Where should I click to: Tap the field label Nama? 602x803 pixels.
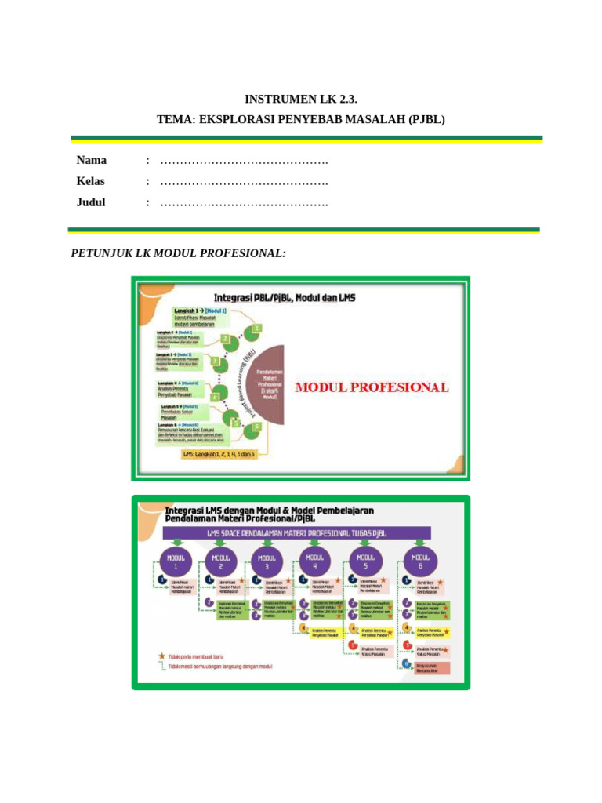click(x=92, y=161)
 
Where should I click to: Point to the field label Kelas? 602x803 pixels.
click(x=91, y=181)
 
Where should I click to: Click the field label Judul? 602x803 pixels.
click(x=91, y=202)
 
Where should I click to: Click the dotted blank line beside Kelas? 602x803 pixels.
click(x=244, y=183)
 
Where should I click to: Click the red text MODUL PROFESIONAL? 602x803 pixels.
click(x=372, y=387)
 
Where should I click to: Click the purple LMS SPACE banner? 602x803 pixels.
click(x=297, y=533)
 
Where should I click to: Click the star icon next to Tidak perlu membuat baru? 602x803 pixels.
click(x=161, y=655)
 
